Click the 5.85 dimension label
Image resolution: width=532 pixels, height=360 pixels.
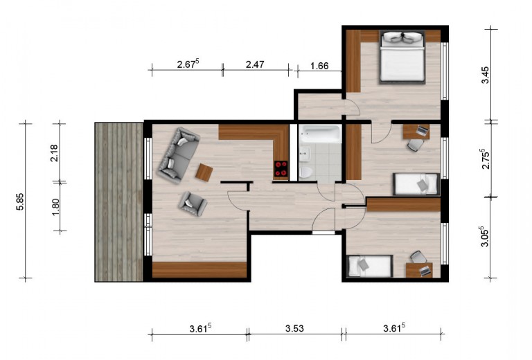20,201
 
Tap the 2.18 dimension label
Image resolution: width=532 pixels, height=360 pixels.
54,153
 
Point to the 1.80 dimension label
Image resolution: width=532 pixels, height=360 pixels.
55,206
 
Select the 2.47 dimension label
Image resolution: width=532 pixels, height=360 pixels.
255,64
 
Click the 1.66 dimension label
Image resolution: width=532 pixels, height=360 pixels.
319,66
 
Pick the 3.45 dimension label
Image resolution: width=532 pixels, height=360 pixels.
486,75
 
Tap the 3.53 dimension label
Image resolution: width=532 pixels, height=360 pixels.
294,328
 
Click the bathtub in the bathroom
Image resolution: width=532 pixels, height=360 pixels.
319,134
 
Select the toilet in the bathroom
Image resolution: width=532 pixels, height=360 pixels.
305,172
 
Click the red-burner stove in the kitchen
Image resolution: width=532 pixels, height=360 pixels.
281,169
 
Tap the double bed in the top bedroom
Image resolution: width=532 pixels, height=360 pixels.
402,57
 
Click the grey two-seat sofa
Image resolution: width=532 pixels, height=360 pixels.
179,156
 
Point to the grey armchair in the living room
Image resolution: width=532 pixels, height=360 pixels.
193,203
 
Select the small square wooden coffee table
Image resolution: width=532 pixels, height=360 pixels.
204,172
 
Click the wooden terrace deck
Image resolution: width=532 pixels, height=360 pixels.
118,202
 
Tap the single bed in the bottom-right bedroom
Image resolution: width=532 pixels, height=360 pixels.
371,267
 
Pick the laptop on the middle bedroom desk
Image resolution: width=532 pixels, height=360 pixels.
422,130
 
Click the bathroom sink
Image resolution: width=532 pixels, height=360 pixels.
305,154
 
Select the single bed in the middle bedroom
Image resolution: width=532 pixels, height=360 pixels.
416,184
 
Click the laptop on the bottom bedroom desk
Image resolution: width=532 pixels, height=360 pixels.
425,271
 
